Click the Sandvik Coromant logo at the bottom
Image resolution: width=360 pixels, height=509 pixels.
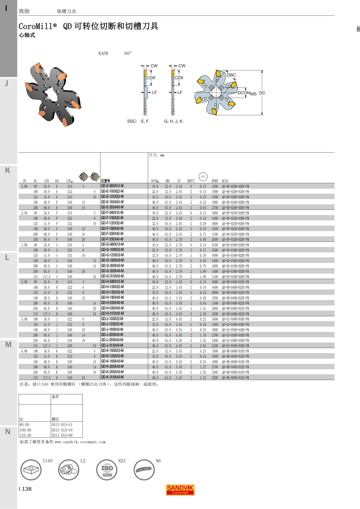point(180,490)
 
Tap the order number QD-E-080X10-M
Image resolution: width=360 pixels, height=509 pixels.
point(112,186)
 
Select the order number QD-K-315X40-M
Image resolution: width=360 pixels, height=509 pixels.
point(112,377)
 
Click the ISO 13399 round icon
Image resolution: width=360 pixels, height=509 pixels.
point(107,470)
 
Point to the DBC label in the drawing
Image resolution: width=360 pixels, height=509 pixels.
point(231,75)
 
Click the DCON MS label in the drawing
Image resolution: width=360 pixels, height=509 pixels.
point(247,93)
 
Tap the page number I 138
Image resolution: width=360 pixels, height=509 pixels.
point(25,489)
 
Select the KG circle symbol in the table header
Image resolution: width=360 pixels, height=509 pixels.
point(203,177)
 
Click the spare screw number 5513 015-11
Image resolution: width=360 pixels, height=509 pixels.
point(62,425)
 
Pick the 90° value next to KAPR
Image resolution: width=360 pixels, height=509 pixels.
point(128,53)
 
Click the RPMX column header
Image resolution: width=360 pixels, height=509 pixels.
point(215,181)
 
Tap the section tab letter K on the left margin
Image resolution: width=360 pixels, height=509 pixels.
point(8,170)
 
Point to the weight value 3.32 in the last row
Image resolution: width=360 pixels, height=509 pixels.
point(203,378)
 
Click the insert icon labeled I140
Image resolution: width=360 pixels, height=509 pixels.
point(31,470)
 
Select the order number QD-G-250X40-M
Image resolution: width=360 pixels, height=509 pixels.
point(112,271)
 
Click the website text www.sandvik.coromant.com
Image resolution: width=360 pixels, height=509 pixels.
point(80,442)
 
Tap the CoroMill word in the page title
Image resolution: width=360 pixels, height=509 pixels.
point(35,26)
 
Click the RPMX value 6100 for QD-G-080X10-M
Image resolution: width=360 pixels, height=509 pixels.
point(215,245)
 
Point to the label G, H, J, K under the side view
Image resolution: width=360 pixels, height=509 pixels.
point(173,121)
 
